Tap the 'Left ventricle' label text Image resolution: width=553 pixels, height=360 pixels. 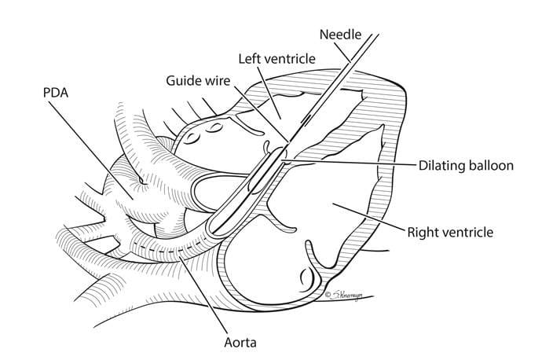(276, 58)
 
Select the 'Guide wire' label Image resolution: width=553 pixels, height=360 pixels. (197, 80)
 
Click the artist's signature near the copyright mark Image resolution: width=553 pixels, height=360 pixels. (346, 295)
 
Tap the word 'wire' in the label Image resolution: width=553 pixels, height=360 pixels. (214, 80)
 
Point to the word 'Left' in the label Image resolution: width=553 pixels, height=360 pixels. (251, 58)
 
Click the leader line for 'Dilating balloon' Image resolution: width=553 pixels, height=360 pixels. (353, 163)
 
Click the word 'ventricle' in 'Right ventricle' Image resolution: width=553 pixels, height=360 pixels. (468, 232)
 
